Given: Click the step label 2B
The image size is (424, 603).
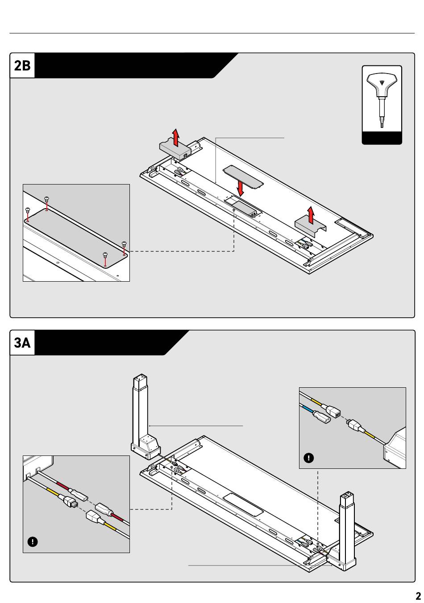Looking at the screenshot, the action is pos(22,66).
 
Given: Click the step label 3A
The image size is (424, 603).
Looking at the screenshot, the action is pos(22,343).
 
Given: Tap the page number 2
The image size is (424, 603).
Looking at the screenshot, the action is pos(418,596).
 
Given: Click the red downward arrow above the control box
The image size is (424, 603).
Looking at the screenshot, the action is pos(240,188).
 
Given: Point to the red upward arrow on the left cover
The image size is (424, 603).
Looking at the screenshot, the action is pos(176,137).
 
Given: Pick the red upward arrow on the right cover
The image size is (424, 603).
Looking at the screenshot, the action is pos(311,215).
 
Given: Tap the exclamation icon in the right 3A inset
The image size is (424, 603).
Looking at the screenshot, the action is pos(309,458).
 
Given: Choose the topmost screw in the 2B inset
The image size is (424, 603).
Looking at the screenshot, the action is pos(46,199).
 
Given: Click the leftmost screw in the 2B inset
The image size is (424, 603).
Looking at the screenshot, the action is pos(27,210).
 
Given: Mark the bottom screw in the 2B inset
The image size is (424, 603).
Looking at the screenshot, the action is pos(105,254).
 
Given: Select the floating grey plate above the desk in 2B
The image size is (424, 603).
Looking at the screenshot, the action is pos(243,176).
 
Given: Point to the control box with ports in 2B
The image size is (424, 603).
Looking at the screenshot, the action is pos(244,209).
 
